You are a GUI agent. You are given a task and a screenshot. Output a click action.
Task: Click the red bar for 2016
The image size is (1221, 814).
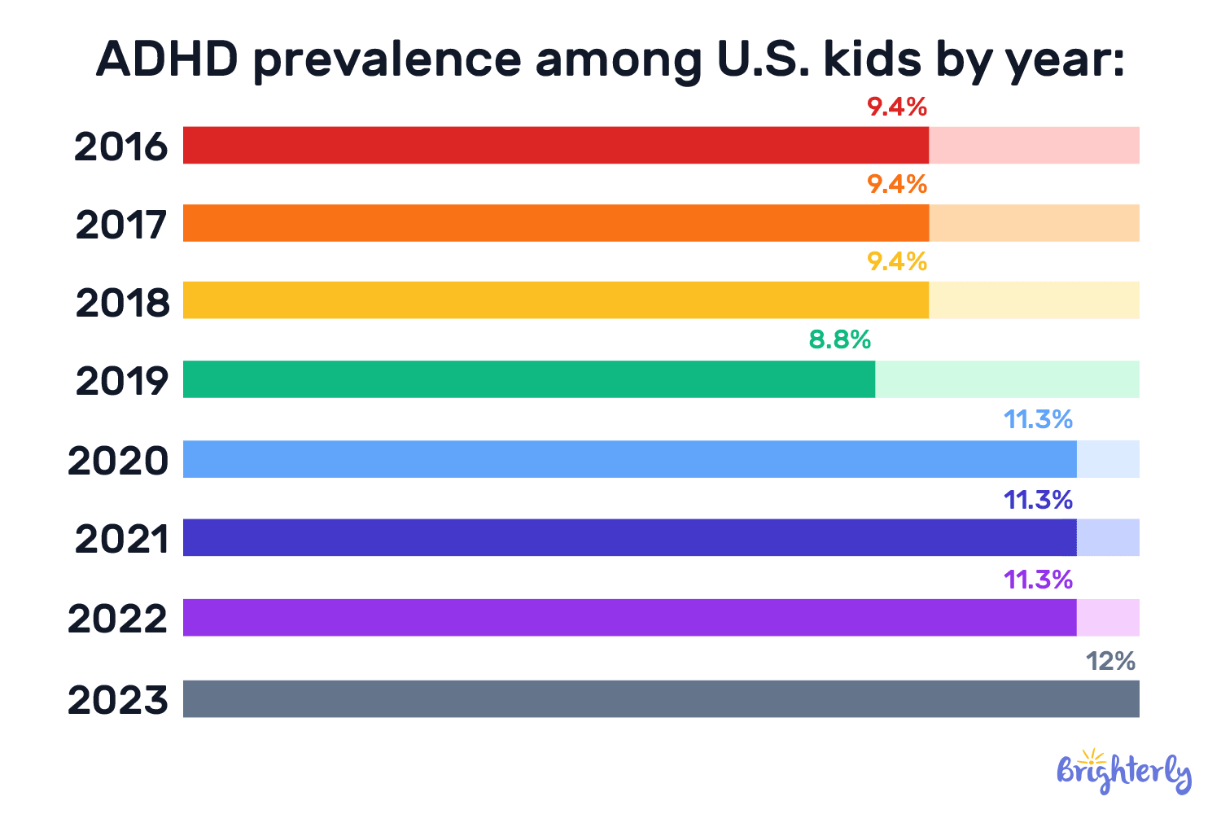[x=555, y=145]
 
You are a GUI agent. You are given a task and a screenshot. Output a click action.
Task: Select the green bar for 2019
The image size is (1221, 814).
[x=529, y=379]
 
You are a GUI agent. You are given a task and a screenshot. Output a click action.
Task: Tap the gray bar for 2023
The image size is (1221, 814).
[x=661, y=698]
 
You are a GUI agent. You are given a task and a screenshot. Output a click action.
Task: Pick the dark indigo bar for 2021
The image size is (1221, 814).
[x=629, y=537]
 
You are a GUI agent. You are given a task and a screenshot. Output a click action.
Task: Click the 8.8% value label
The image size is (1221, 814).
[x=839, y=339]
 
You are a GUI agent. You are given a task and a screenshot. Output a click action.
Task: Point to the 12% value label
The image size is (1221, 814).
[x=1110, y=661]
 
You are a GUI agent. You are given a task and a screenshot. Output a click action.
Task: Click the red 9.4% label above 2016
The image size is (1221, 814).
[x=896, y=107]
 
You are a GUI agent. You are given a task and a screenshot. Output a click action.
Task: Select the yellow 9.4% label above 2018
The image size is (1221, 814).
[x=896, y=261]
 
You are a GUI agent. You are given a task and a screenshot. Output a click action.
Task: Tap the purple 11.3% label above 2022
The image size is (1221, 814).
[x=1038, y=580]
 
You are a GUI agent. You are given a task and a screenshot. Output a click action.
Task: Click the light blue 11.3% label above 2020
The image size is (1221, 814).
[x=1038, y=420]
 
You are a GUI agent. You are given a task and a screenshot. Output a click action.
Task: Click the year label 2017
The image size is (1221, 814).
[x=121, y=225]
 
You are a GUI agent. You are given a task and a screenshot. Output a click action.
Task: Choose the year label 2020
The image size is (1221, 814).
[x=118, y=461]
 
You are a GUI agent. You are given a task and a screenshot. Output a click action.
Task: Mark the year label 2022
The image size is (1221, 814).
[x=118, y=619]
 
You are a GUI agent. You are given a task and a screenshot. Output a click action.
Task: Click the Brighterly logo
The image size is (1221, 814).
[x=1123, y=770]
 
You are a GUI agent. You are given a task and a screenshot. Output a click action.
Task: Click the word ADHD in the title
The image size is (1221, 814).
[x=167, y=59]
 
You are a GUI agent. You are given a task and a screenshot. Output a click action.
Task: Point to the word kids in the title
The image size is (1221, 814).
[x=873, y=59]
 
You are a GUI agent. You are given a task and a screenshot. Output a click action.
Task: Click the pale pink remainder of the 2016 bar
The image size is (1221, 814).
[x=1034, y=145]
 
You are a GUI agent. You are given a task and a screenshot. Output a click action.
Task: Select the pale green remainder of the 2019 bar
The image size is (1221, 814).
[x=1007, y=379]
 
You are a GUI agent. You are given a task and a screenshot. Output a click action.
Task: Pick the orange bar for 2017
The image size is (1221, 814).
[x=555, y=223]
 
